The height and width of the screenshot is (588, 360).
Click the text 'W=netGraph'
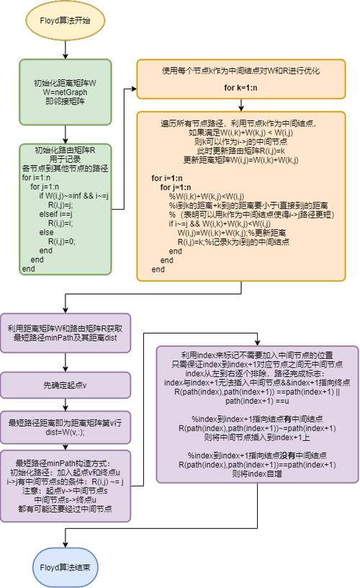coord(66,92)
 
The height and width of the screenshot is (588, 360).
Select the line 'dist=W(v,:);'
coord(66,432)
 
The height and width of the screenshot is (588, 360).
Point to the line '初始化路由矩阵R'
coord(66,150)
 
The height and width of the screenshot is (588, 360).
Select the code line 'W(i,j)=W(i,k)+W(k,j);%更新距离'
coord(225,233)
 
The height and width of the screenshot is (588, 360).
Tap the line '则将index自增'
coord(257,475)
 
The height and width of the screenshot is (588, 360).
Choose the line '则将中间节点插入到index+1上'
coord(257,437)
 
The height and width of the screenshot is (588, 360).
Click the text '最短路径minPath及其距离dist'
coord(66,337)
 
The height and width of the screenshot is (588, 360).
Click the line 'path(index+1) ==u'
coord(257,401)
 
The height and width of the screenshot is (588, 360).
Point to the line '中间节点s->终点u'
coord(66,499)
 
